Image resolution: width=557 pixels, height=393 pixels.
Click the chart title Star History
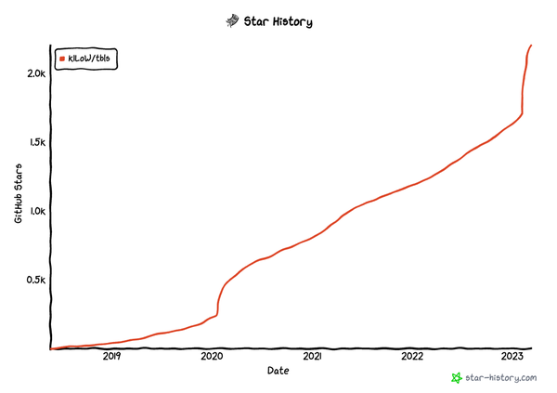286,20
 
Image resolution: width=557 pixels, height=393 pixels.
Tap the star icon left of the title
232,20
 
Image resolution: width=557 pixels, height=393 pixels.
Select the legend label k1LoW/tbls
90,59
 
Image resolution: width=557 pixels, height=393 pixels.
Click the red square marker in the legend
62,59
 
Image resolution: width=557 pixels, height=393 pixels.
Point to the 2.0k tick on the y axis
34,73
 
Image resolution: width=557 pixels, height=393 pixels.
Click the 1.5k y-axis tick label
34,142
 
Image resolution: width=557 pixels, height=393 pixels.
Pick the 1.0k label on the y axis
34,211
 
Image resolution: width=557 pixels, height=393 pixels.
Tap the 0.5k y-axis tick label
34,280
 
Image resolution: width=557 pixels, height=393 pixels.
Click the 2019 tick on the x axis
111,357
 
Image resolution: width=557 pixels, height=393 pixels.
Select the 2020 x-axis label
212,357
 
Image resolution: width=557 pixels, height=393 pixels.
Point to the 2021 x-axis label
312,357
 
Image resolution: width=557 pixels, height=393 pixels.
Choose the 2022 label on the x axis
412,357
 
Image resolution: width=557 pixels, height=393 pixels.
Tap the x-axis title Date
278,371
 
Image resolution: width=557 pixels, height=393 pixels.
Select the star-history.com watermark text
501,378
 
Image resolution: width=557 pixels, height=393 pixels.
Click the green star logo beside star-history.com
456,378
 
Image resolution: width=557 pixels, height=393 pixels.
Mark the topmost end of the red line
531,46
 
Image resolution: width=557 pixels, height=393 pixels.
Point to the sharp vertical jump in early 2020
218,302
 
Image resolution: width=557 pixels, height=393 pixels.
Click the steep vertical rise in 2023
525,88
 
